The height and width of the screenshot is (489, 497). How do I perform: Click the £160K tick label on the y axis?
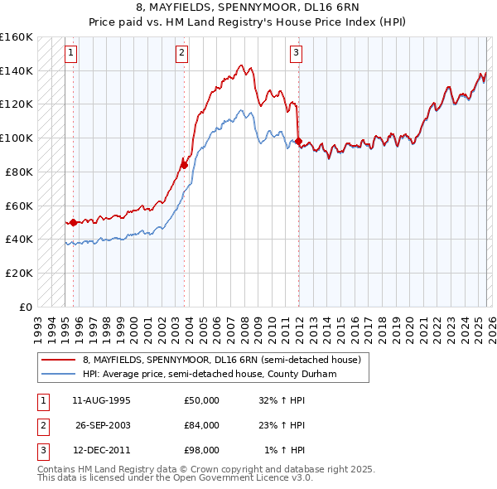[x=16, y=37]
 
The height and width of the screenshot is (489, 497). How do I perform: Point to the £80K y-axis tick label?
[x=18, y=172]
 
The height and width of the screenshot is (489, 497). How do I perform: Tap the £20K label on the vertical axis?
[x=18, y=273]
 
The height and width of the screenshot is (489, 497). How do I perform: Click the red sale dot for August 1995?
[x=73, y=222]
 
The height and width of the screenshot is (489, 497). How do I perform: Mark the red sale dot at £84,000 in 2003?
[x=185, y=165]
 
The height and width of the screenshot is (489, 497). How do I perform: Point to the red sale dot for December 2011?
[x=298, y=142]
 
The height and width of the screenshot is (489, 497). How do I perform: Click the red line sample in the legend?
[x=59, y=361]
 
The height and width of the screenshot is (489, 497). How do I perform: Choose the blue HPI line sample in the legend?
[x=59, y=375]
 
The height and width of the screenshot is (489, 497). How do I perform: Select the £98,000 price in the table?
[x=202, y=450]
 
